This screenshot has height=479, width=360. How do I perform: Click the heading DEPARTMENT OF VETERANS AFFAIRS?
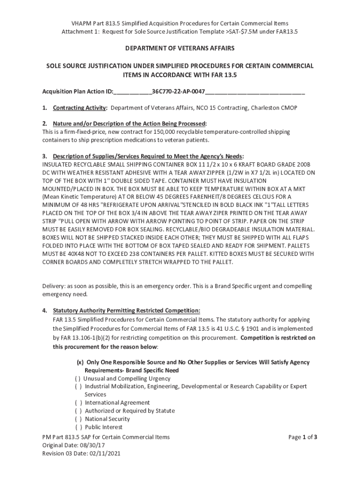(x=179, y=48)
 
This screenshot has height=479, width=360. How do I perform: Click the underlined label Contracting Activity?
(x=79, y=108)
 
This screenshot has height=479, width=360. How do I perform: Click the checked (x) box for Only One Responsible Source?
(x=80, y=363)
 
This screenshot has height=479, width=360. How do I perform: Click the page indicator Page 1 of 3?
(x=303, y=437)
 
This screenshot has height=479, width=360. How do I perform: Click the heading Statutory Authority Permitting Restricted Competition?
(x=126, y=311)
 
